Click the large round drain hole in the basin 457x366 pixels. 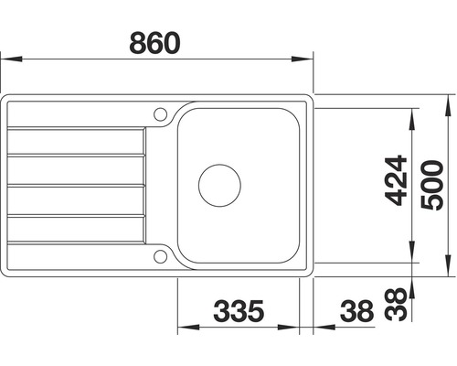tap(220, 184)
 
